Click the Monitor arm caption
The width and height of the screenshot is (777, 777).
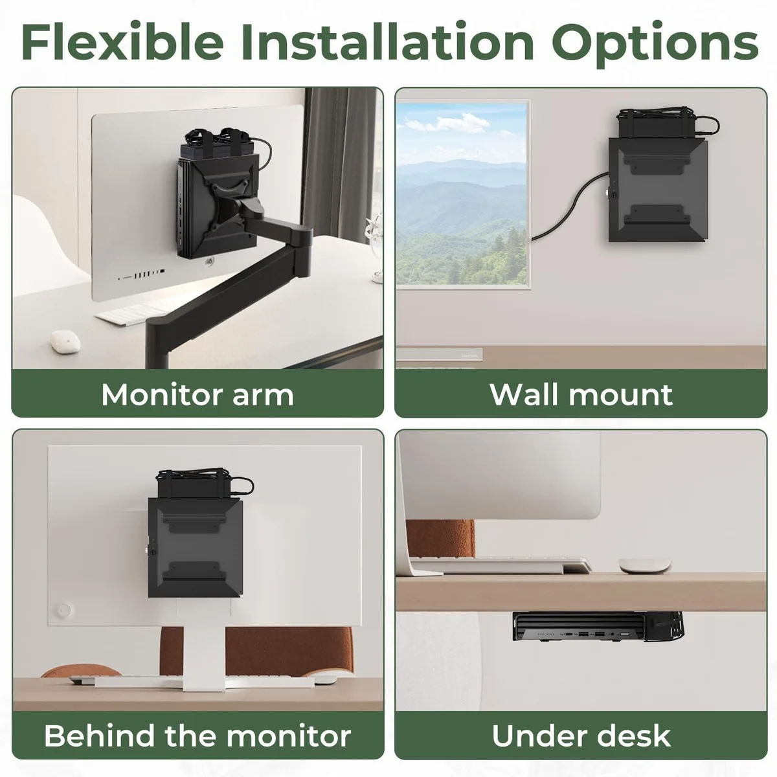(197, 395)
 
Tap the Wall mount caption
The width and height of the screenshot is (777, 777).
(581, 395)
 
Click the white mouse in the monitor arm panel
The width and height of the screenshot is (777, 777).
(65, 343)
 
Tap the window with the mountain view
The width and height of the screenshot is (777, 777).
(462, 194)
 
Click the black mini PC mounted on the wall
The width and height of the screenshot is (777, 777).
(657, 190)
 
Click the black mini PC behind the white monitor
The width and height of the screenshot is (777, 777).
(196, 548)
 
